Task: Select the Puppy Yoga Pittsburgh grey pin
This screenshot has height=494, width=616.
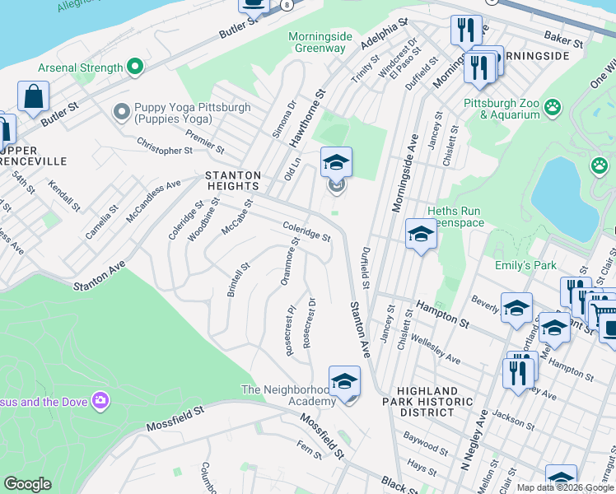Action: (x=122, y=110)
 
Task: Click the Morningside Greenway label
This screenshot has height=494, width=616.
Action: (x=320, y=42)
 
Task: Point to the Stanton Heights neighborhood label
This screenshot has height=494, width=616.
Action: (x=233, y=182)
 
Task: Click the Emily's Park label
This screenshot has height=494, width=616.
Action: (x=525, y=265)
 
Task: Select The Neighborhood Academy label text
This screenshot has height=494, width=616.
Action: (x=288, y=395)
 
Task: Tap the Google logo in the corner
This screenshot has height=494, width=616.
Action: (x=28, y=484)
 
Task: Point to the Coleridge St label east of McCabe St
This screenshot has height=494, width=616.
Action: (x=306, y=231)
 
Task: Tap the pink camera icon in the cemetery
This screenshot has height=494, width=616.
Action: (x=100, y=401)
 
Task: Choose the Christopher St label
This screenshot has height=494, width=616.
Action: (x=164, y=151)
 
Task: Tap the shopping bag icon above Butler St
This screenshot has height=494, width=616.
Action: (x=34, y=97)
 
